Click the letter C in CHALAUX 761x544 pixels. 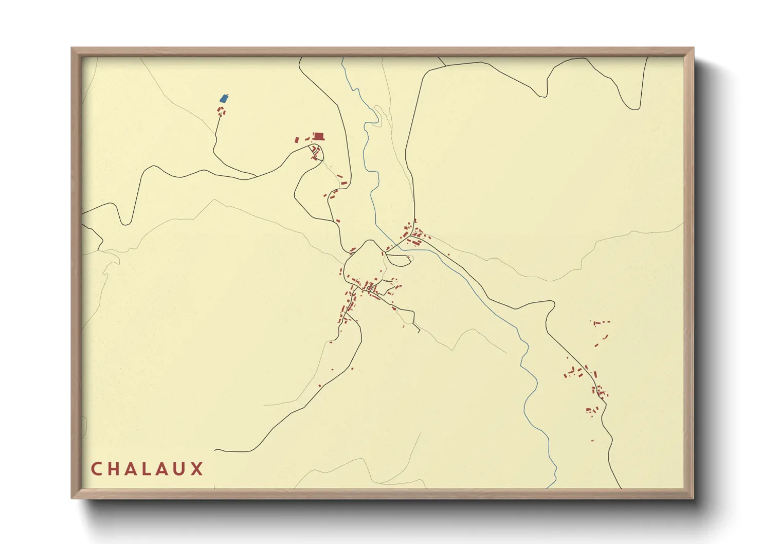tap(96, 469)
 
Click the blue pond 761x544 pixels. tap(224, 98)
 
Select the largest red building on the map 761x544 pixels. tap(319, 136)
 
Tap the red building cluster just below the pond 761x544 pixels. tap(222, 111)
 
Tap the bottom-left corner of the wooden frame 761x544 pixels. tap(72, 498)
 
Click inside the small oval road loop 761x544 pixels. tap(398, 260)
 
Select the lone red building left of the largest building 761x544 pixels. tap(297, 139)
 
